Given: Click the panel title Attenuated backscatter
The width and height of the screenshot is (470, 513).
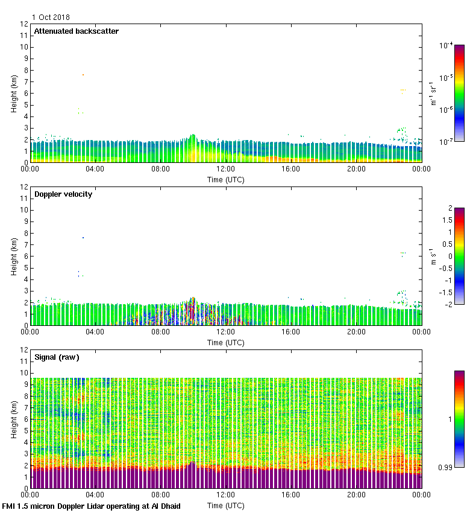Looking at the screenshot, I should point(76,31).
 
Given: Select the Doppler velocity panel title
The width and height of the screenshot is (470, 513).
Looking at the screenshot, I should point(63,194).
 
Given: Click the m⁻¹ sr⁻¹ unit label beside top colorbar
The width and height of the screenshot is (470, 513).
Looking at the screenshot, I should point(433,93).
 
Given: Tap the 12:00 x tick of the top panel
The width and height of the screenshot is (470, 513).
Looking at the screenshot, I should point(226,169).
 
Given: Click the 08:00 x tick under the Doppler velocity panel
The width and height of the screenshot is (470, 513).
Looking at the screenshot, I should point(161,332).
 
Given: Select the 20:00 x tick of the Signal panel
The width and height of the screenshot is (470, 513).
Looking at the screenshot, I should point(356,495).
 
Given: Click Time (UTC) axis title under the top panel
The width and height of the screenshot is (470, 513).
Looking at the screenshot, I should point(226,179).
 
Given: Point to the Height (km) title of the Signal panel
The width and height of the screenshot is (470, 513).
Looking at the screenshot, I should point(13,419).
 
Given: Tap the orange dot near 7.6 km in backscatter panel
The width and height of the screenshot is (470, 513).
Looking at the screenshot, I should point(83,75).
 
